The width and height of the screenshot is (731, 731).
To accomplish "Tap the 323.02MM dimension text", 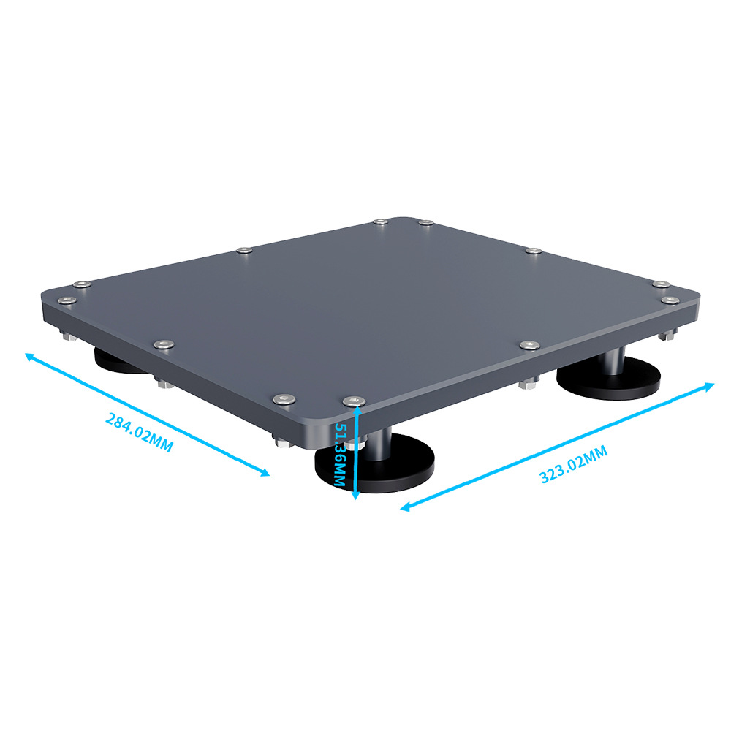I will (x=574, y=464).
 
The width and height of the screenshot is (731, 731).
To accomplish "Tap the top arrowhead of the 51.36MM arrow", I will (x=356, y=410).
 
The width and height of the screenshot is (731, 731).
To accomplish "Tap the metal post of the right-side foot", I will (x=614, y=360).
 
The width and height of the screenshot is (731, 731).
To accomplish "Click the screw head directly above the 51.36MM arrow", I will (x=355, y=400).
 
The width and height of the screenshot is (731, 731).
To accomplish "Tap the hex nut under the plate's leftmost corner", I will (x=67, y=337).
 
